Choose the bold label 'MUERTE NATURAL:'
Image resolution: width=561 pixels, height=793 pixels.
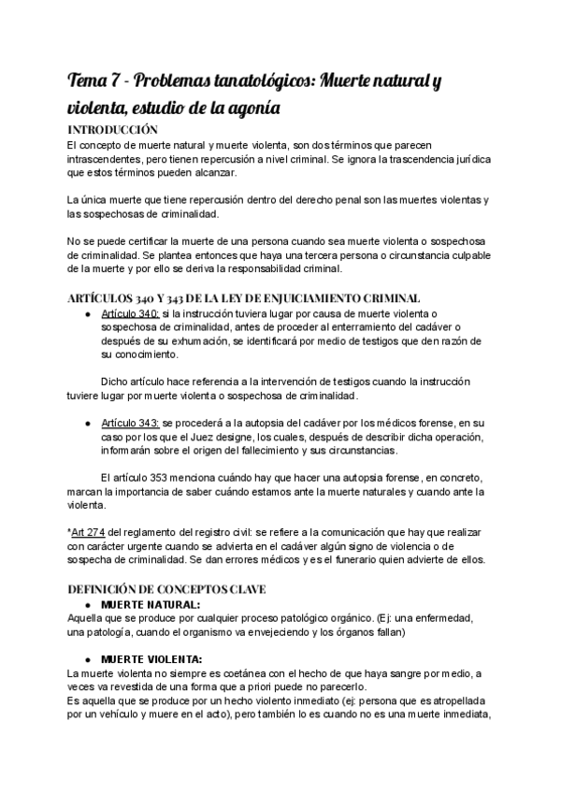click(151, 604)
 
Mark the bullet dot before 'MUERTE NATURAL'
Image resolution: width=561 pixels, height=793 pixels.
click(87, 604)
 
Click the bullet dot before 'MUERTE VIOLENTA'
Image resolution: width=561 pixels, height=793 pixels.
click(87, 658)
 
